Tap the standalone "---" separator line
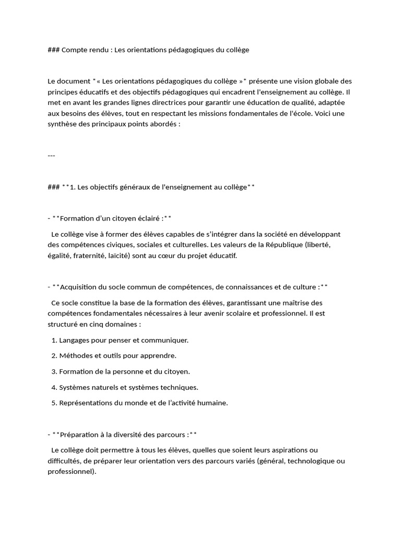point(51,155)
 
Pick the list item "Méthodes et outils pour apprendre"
point(117,356)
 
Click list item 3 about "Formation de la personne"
point(124,371)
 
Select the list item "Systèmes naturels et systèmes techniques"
point(128,387)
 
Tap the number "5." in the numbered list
point(54,403)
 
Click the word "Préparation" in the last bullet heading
point(81,434)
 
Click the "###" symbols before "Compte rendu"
point(53,50)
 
